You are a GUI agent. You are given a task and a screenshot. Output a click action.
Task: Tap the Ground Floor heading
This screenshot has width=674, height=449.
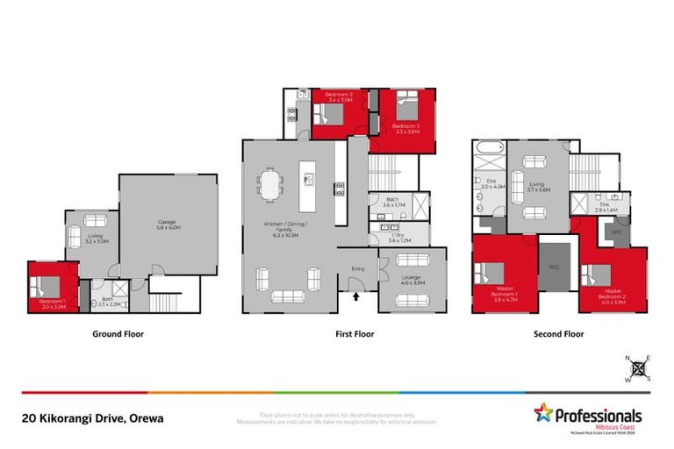point(118,334)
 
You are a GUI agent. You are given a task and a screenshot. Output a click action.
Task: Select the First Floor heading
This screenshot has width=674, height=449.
point(354,334)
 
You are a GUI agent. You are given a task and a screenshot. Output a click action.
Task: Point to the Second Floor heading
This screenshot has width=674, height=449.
point(558,334)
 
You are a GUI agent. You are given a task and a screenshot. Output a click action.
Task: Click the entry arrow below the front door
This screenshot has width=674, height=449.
point(355,296)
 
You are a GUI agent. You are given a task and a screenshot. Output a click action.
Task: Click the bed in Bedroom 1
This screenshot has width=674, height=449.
point(47,285)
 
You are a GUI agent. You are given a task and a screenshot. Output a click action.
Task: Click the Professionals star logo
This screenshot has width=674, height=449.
point(543,412)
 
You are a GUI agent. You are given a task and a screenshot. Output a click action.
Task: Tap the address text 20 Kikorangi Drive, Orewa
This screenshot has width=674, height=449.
point(92,418)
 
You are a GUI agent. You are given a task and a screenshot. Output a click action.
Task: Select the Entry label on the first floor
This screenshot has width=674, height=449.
point(358,268)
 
